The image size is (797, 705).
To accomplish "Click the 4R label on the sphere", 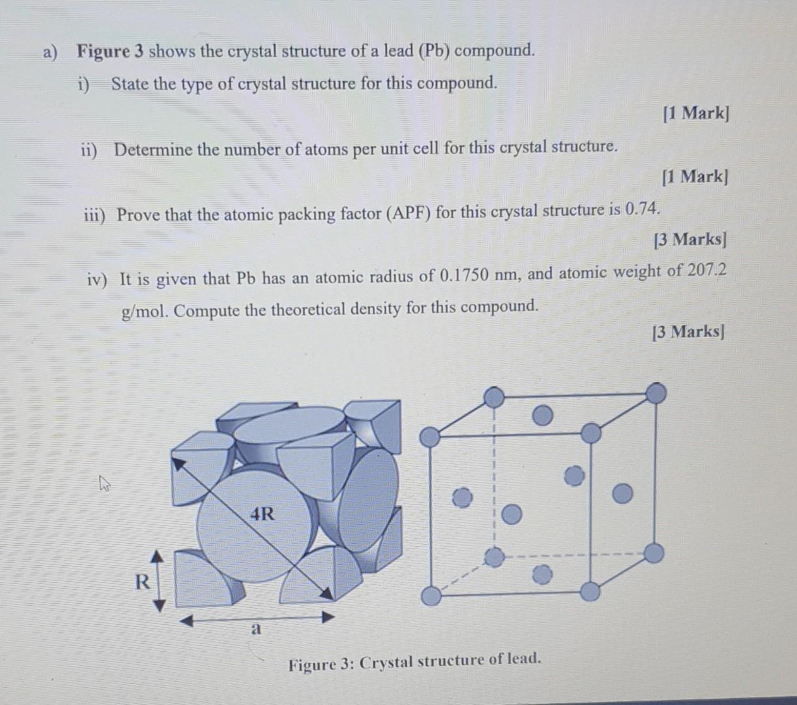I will point(263,514).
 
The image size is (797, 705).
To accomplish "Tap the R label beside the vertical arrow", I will point(141,582).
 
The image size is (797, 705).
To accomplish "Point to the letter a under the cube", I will point(256,629).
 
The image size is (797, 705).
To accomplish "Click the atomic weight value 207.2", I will point(707,270).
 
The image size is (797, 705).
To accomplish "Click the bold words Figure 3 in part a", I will point(110,52).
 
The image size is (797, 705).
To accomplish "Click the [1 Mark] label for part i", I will point(695,114).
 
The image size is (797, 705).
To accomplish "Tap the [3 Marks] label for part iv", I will point(689,332).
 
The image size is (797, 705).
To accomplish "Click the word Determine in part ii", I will point(154,149).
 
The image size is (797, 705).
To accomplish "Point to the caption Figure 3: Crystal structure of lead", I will point(415,662).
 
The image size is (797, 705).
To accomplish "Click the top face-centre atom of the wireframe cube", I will point(542,415).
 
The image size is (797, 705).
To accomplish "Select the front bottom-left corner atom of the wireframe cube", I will point(431,596).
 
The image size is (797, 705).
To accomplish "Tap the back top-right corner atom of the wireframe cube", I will point(656,393).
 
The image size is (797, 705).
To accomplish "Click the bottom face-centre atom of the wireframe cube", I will point(542,575).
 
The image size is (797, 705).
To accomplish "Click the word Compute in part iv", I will point(207,310).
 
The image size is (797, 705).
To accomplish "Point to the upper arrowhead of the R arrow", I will point(157,556).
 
